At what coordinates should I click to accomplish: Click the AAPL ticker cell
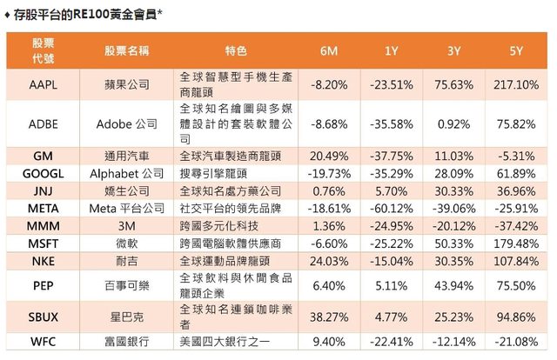43,84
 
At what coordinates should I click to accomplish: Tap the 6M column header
328,51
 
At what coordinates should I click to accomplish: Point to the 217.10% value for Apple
517,84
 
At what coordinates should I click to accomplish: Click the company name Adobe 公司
127,124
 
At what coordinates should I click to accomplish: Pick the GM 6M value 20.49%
328,156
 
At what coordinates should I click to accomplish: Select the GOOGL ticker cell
43,173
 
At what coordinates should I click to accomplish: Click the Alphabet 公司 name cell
127,173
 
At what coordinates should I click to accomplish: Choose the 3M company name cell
127,226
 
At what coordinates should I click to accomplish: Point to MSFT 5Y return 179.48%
517,243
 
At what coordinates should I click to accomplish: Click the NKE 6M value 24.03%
328,261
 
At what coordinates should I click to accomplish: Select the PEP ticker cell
43,284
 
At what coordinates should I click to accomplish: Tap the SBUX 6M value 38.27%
328,317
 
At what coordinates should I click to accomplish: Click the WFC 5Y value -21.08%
517,342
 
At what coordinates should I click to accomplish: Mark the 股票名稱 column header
127,51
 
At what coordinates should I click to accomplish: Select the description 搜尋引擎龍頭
218,173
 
